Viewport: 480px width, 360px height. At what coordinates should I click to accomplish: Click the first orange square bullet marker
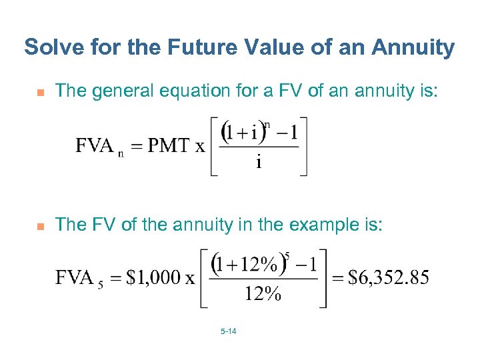[39, 92]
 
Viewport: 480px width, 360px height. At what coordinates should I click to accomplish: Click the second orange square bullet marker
[39, 226]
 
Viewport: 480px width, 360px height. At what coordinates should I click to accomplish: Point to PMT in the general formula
[168, 145]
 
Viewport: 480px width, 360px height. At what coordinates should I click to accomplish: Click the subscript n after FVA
[121, 153]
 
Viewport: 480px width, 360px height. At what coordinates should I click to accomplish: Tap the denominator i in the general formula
[258, 163]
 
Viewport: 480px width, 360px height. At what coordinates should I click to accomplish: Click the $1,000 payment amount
[151, 277]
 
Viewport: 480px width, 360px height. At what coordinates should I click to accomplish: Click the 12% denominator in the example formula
[263, 294]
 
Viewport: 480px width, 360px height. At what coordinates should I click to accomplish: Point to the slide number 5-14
[228, 331]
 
